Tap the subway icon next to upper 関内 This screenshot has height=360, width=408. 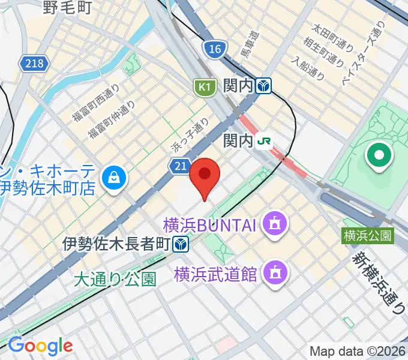coord(262,86)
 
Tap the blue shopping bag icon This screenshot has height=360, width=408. coord(112,176)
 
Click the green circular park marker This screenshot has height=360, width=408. coord(380,157)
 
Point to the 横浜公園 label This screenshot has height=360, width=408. coord(368,236)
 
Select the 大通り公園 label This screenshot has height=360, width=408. coord(115,279)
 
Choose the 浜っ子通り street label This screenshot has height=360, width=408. coord(190,134)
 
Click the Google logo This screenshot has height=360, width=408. coord(40,346)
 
